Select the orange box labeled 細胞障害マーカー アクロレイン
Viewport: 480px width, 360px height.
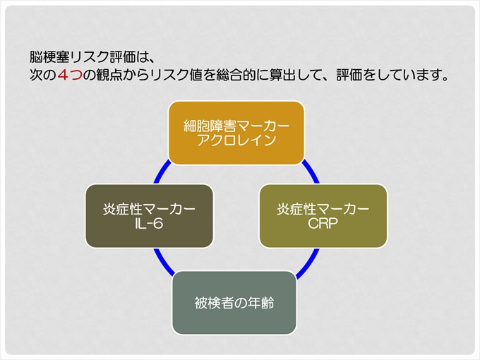pyautogui.click(x=236, y=133)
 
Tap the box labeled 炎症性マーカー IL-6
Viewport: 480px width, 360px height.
pyautogui.click(x=149, y=216)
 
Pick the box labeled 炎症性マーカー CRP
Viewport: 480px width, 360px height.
pyautogui.click(x=323, y=216)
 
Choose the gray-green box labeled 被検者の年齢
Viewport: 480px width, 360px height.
pyautogui.click(x=234, y=303)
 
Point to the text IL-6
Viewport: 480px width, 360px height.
pyautogui.click(x=149, y=224)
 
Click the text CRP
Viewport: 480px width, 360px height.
pyautogui.click(x=323, y=224)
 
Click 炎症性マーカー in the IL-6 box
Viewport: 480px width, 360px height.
pyautogui.click(x=149, y=209)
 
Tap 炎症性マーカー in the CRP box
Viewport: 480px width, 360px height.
pyautogui.click(x=323, y=209)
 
